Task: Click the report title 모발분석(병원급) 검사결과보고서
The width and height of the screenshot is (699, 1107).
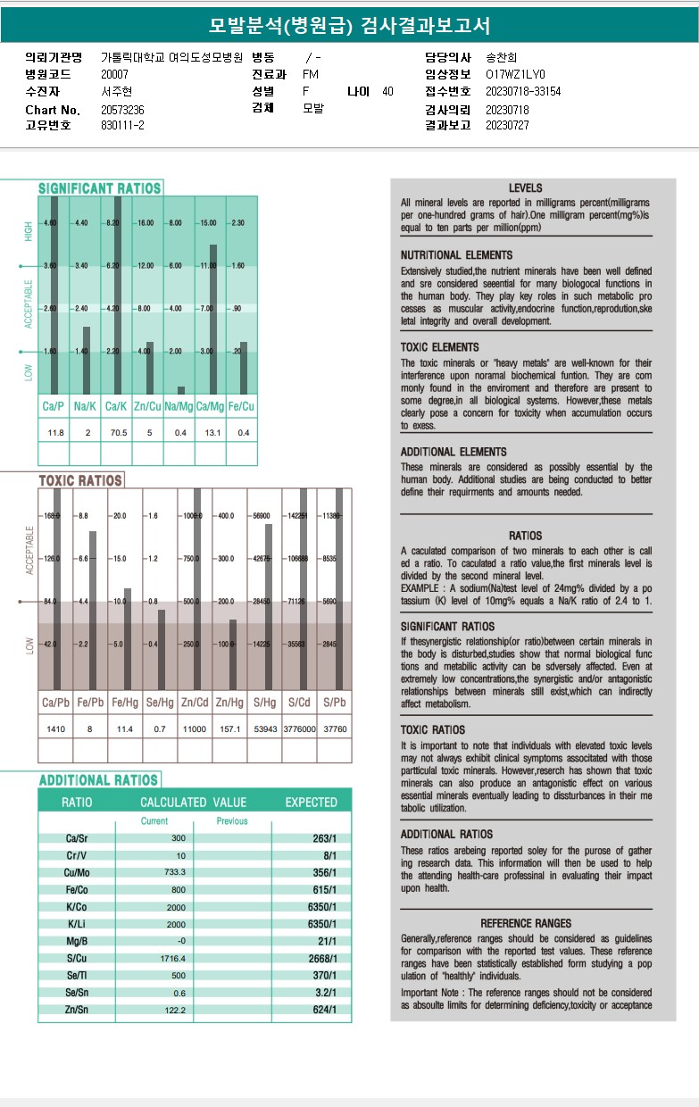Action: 349,26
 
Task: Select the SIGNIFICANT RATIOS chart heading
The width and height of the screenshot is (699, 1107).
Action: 99,188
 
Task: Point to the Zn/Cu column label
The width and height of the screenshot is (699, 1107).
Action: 148,407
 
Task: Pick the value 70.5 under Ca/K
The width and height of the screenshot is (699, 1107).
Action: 117,433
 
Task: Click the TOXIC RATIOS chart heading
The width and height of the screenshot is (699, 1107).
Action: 80,480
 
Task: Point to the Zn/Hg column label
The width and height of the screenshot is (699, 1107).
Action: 229,703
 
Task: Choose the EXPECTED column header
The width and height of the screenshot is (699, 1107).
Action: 311,802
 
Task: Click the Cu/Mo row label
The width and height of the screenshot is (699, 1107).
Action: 77,872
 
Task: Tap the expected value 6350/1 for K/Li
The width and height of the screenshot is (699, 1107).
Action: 321,924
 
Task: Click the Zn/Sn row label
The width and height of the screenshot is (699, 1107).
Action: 77,1010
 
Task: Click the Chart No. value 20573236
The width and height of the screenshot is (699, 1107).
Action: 122,109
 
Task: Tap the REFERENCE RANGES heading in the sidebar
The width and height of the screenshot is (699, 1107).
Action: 525,923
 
